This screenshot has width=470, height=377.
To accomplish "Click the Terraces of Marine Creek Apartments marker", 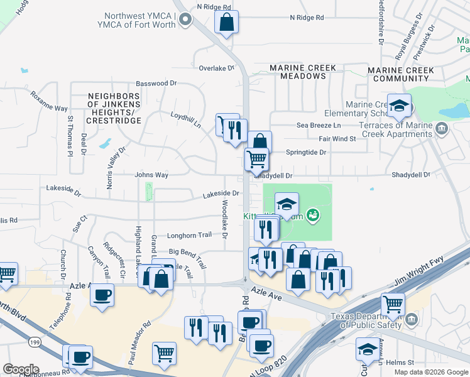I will point(442,129).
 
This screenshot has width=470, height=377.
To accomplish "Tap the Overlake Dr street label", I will point(216,68).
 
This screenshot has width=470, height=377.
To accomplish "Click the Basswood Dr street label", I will point(156,83).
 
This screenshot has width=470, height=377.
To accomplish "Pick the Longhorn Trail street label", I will point(189,236).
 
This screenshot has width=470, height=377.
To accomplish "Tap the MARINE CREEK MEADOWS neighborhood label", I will point(303,72).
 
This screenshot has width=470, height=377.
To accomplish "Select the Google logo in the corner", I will point(21,369).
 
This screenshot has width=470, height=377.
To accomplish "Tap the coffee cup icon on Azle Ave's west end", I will point(102,295).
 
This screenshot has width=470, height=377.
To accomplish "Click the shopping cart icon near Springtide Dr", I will point(256,160).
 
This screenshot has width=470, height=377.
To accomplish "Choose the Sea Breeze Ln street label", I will point(319,126).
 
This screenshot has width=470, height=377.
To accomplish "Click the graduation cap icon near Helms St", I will point(368,349).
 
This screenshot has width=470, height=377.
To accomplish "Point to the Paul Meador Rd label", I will point(140,343).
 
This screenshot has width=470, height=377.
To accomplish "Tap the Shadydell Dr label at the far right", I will point(411,175).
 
